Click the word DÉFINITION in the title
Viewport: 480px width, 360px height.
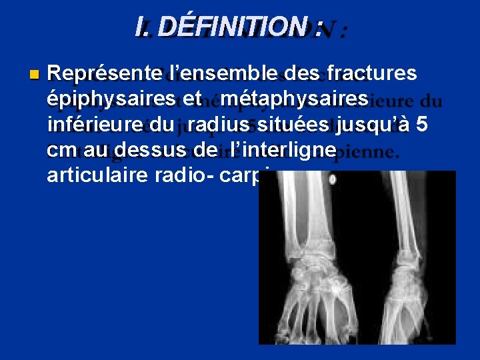[231, 27]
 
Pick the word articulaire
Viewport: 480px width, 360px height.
[97, 176]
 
